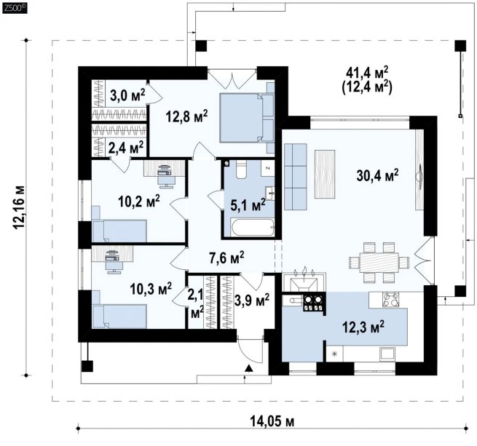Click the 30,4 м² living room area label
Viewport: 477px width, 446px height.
pos(377,175)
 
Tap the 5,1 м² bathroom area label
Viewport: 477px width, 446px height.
pos(248,205)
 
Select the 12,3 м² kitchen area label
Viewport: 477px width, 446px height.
pos(363,327)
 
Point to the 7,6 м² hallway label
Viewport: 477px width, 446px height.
pos(226,258)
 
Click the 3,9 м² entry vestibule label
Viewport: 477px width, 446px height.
pos(252,300)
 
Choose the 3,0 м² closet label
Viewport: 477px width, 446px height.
pos(127,96)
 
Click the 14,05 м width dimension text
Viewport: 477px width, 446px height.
pos(272,422)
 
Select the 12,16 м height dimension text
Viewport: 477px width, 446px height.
pos(18,207)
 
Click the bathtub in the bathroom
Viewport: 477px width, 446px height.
pos(253,227)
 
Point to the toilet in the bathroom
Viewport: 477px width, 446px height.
pos(243,170)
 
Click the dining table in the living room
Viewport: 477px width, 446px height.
pos(379,263)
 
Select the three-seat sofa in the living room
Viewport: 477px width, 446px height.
pos(296,176)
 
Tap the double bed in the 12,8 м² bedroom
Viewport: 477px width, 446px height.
pos(247,118)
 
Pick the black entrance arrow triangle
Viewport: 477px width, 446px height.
pos(249,368)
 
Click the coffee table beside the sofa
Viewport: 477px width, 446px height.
pos(325,174)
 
